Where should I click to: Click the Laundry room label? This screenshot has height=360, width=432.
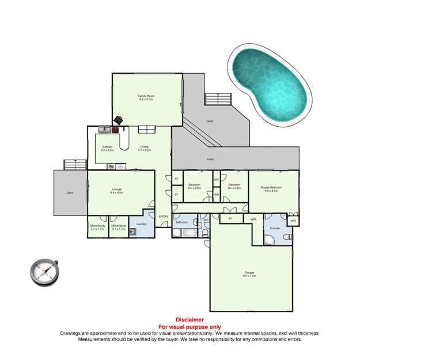tap(141, 223)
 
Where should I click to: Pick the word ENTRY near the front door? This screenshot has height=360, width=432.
tap(164, 217)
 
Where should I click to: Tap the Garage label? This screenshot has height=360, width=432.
tap(249, 272)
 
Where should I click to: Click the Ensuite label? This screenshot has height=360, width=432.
tap(275, 229)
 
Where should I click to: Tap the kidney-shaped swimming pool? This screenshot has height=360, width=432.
tap(270, 89)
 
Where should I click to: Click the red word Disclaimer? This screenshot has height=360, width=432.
tap(190, 320)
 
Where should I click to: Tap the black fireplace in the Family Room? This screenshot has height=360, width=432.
tap(118, 120)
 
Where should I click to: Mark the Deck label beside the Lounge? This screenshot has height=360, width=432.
tap(70, 193)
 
